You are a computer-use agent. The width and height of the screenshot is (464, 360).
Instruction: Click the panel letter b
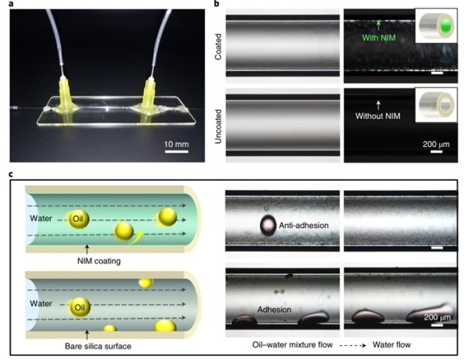217,3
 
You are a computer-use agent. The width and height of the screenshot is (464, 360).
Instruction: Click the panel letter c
12,174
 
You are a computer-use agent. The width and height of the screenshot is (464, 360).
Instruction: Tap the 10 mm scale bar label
176,144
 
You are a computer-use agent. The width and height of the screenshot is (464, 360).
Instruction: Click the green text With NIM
379,38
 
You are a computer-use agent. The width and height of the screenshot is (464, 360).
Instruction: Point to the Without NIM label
378,116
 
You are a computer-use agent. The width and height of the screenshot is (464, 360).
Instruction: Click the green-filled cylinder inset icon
436,25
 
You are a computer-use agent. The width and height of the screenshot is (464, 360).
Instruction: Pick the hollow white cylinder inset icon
436,104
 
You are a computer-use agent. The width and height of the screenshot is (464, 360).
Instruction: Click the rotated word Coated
218,46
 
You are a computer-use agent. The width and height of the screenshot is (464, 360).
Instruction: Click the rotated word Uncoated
218,127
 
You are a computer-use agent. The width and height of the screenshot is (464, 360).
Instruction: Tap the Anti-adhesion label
304,226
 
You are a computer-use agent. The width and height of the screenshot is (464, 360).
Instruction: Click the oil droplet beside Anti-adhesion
268,226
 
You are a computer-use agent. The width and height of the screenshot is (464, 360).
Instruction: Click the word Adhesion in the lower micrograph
275,310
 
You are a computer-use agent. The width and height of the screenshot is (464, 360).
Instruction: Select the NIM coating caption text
99,261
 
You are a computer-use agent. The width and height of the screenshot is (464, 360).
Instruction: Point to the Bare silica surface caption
98,346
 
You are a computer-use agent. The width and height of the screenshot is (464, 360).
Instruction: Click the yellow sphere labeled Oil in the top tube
78,219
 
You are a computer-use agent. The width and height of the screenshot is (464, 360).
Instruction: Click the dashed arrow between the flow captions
353,345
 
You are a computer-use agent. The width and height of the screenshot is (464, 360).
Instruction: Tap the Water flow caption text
391,345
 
